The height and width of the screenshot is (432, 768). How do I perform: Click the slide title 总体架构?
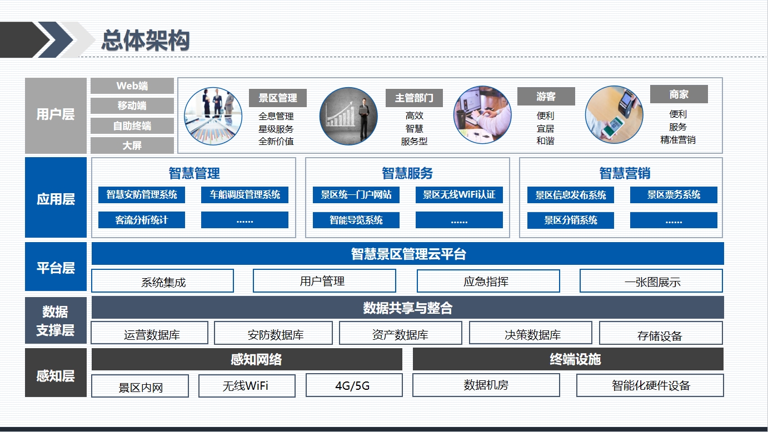[x=146, y=41]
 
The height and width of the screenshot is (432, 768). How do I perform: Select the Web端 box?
[x=132, y=86]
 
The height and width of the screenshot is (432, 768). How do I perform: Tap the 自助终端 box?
[x=132, y=126]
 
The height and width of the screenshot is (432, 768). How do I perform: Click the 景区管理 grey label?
[x=278, y=98]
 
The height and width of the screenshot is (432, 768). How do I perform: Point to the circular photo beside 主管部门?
[x=348, y=116]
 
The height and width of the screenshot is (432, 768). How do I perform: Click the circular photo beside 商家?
[x=614, y=115]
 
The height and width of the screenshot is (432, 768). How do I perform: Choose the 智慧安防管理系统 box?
[x=142, y=195]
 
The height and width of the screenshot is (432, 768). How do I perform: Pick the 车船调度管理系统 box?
[x=245, y=195]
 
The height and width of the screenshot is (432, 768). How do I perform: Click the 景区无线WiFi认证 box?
[x=459, y=195]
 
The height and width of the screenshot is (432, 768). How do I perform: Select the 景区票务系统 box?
[x=674, y=195]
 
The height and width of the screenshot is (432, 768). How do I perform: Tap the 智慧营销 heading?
[x=625, y=173]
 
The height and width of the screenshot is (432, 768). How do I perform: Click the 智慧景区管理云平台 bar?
[x=408, y=254]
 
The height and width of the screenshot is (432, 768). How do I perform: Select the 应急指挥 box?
[x=488, y=281]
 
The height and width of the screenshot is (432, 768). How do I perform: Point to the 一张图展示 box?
[x=651, y=281]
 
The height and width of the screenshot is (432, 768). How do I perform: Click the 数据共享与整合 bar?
[x=408, y=308]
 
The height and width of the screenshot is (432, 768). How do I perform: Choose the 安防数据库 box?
[x=273, y=333]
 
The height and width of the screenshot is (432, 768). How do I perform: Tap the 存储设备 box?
[x=661, y=333]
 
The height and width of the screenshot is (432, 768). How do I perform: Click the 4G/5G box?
[x=354, y=385]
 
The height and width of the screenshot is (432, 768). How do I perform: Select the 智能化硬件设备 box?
[x=650, y=385]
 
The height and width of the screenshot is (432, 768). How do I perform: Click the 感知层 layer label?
[x=56, y=375]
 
